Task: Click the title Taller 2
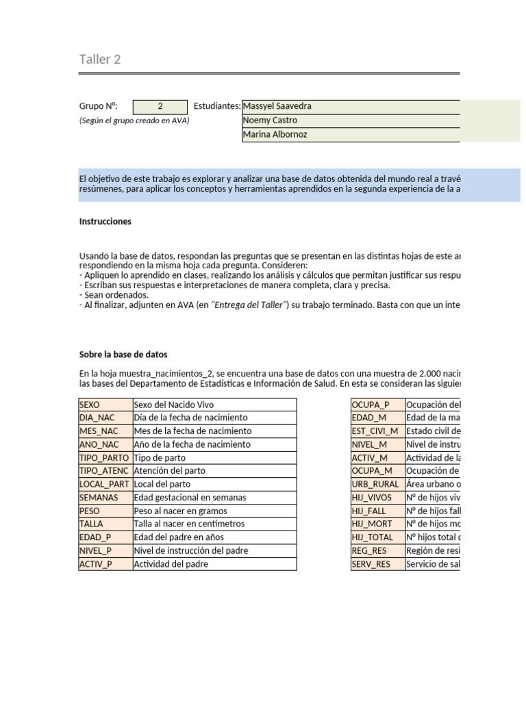[x=100, y=60]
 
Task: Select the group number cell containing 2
[x=160, y=106]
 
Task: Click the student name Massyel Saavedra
[x=277, y=106]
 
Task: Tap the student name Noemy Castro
[x=271, y=120]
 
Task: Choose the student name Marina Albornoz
[x=275, y=135]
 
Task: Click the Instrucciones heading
[x=105, y=222]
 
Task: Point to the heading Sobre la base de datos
[x=123, y=355]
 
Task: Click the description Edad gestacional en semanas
[x=190, y=498]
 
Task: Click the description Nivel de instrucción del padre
[x=191, y=551]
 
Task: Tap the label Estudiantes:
[x=217, y=106]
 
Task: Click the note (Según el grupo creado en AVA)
[x=134, y=120]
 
